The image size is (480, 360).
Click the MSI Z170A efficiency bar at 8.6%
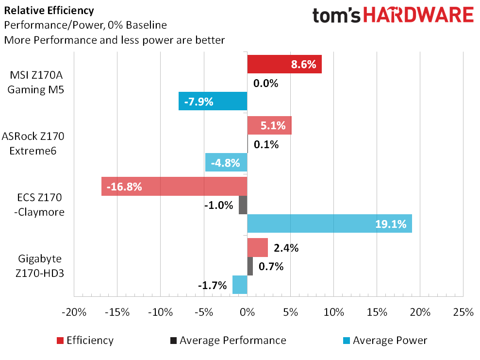click(x=284, y=64)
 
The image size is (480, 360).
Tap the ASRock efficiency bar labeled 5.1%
click(x=269, y=125)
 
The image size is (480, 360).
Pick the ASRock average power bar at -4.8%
click(x=226, y=162)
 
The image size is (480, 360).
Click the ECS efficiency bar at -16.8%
click(x=174, y=187)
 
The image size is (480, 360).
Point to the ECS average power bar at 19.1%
click(x=330, y=223)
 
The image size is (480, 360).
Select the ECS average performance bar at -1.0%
click(x=243, y=205)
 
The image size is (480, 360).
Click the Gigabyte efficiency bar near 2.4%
click(x=257, y=248)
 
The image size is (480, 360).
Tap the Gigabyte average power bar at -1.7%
click(x=240, y=285)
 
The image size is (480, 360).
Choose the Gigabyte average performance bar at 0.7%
click(x=250, y=266)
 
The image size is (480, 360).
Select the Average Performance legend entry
click(x=228, y=341)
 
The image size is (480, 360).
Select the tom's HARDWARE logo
click(x=393, y=16)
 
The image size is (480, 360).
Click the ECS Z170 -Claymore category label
click(x=38, y=205)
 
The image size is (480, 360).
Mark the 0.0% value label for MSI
click(x=266, y=84)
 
